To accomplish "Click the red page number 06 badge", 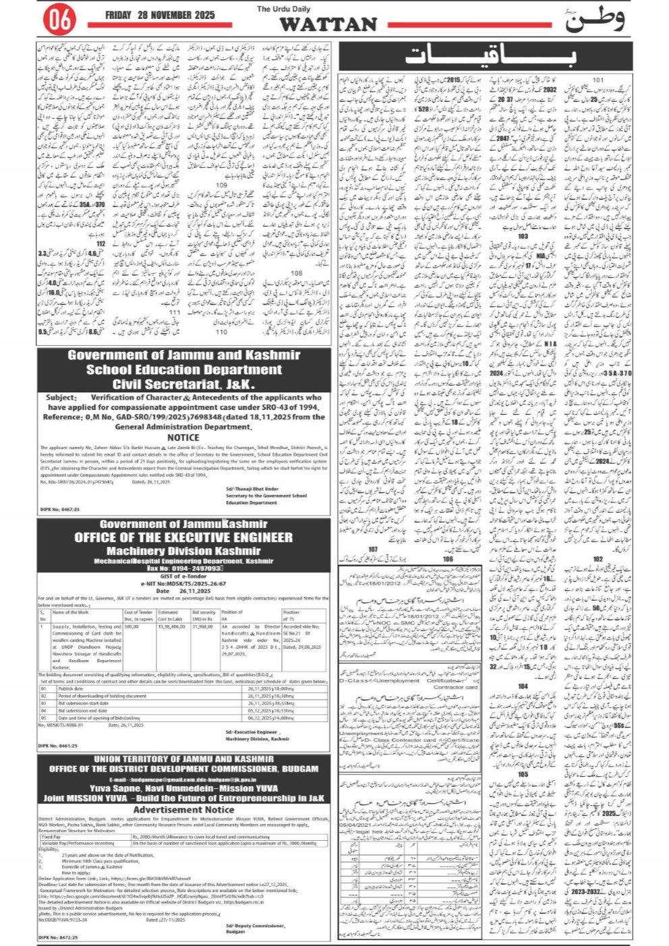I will (59, 20).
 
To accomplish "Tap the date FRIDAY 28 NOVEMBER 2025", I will (160, 15).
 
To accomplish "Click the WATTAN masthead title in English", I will (328, 25).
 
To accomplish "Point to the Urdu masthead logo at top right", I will (593, 20).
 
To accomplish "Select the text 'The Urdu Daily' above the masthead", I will (283, 9).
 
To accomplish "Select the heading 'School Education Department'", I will (183, 369).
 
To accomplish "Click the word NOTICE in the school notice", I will (183, 437).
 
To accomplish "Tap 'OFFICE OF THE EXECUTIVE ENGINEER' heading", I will (183, 537).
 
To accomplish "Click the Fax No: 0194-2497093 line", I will (183, 568).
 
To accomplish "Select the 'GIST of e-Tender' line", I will (183, 577).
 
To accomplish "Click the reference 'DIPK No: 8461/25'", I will (59, 746).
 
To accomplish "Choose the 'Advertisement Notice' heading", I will (183, 810).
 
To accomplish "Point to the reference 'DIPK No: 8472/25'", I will (59, 937).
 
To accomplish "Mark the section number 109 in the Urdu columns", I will (221, 185).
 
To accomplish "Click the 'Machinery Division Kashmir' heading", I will (183, 551).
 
